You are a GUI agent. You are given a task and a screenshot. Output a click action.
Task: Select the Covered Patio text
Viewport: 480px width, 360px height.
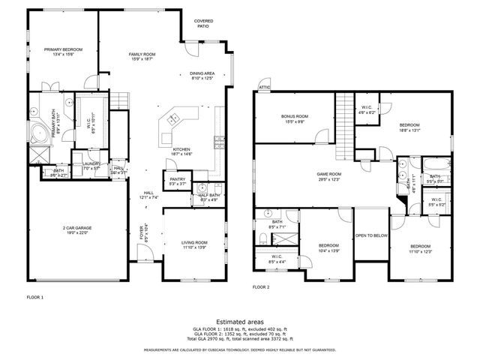202,23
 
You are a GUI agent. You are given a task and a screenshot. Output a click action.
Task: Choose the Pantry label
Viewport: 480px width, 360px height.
177,181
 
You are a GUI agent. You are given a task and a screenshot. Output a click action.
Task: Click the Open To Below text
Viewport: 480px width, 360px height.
371,235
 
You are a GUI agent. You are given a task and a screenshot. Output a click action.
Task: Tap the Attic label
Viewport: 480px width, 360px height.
264,87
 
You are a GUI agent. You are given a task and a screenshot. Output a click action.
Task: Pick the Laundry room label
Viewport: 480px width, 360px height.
92,165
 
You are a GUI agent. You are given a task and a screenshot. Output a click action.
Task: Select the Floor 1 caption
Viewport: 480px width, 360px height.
35,297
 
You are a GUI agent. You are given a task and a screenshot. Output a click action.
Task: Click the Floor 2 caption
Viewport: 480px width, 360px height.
261,287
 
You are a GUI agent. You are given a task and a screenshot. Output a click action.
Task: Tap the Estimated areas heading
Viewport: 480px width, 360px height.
239,321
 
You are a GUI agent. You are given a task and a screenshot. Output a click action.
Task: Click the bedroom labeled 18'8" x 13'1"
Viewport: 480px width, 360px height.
409,127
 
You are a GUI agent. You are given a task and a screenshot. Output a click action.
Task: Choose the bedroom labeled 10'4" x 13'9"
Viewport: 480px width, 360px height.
329,247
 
